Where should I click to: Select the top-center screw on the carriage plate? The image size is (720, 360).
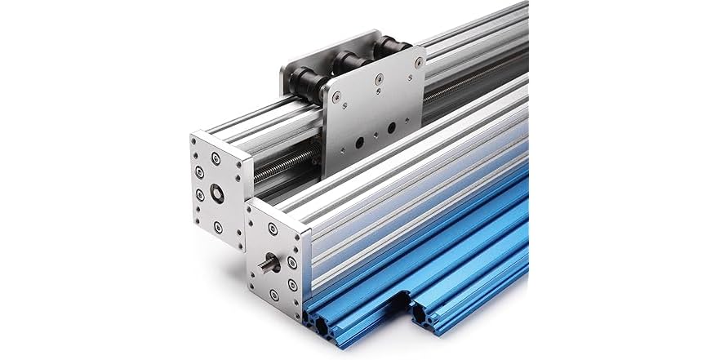click(379, 79)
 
